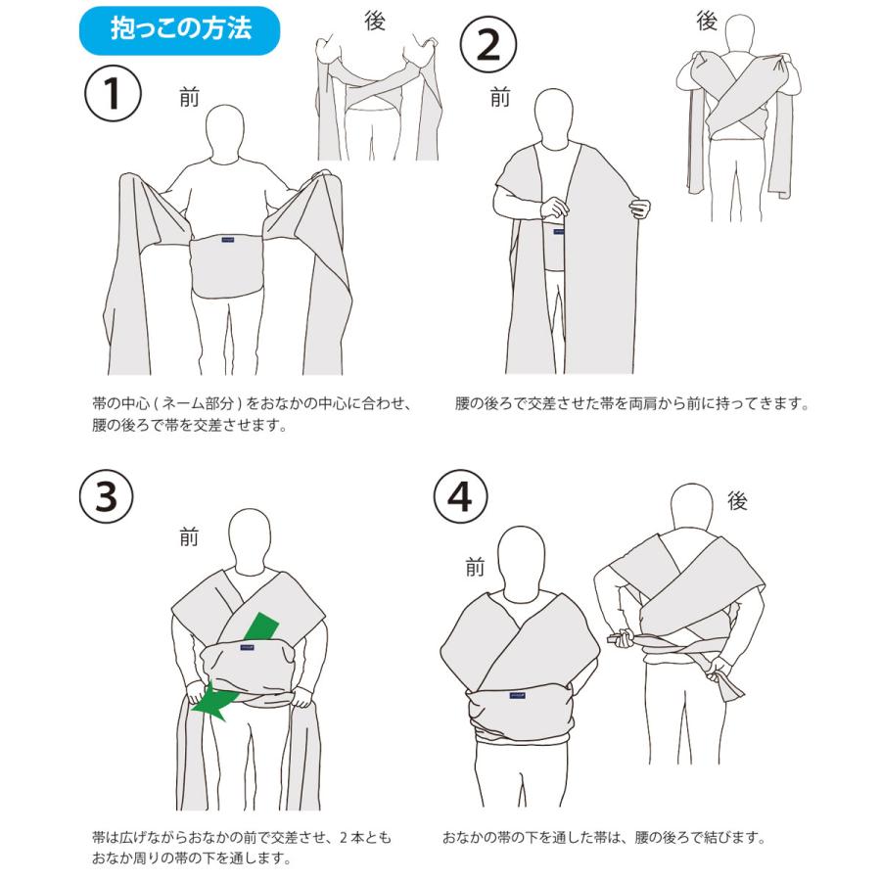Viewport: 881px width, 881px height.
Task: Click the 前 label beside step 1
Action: tap(189, 97)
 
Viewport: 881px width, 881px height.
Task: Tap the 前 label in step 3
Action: tap(189, 535)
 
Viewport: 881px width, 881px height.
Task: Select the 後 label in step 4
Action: tap(737, 501)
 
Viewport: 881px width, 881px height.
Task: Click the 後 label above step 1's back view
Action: tap(375, 22)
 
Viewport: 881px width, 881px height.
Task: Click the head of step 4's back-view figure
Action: tap(698, 509)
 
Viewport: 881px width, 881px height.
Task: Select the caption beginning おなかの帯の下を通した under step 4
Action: tap(603, 838)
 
